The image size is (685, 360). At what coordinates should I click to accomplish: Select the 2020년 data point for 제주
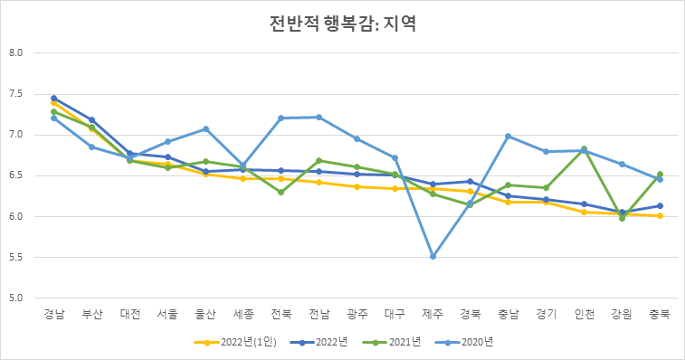click(x=433, y=257)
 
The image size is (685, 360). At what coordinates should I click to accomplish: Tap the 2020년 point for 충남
click(x=509, y=137)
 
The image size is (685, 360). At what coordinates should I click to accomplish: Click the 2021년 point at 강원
click(x=622, y=218)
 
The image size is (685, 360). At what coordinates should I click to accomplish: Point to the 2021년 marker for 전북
click(x=281, y=192)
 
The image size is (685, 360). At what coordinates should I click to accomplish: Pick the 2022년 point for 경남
click(x=54, y=98)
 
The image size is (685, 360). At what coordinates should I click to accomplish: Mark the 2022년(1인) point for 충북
click(x=660, y=216)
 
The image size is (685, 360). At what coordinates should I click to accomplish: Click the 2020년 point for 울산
click(x=205, y=129)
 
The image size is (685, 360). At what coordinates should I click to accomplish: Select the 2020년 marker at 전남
click(x=319, y=117)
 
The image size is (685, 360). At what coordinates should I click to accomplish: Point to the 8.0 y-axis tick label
click(x=28, y=52)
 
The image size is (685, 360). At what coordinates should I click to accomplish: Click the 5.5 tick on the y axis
click(x=28, y=257)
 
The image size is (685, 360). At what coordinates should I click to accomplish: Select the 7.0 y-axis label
click(x=28, y=135)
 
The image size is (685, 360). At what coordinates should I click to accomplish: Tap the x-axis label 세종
click(x=243, y=314)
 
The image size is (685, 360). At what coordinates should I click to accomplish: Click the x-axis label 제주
click(x=433, y=314)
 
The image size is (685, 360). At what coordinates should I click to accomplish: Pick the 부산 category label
click(x=92, y=314)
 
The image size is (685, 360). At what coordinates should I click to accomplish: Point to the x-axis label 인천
click(x=584, y=314)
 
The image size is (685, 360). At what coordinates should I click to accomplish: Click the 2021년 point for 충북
click(x=660, y=175)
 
